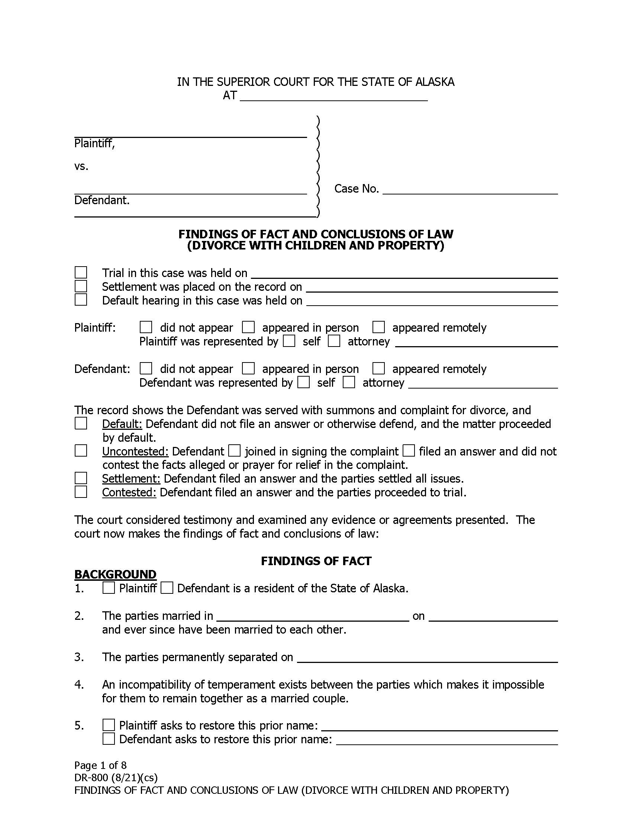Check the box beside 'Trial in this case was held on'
point(81,272)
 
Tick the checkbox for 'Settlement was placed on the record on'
point(81,286)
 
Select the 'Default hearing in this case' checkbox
point(81,300)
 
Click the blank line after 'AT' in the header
point(333,96)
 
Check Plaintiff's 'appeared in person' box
point(248,327)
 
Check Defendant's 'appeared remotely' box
point(378,368)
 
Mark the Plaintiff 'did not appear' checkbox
point(146,327)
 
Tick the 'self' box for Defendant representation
point(304,382)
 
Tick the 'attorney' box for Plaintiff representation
point(334,341)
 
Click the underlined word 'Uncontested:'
point(136,451)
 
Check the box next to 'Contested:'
point(81,492)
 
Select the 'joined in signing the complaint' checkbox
point(234,451)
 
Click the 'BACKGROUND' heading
point(115,574)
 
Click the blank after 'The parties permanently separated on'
point(427,657)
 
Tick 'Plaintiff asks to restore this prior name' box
point(109,725)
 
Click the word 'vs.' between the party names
point(81,166)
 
